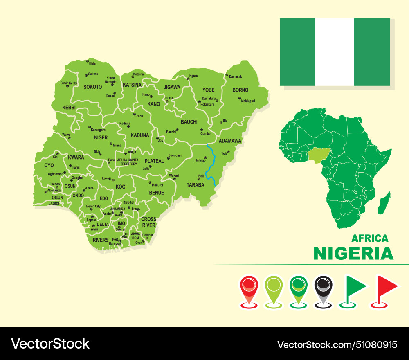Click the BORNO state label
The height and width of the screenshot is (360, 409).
(x=240, y=90)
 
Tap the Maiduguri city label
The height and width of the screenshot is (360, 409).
(x=248, y=101)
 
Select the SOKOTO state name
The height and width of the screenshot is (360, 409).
(x=92, y=87)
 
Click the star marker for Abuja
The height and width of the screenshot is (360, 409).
(x=126, y=154)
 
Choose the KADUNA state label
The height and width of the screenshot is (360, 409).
(x=140, y=135)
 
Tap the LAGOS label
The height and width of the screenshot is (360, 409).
(x=54, y=203)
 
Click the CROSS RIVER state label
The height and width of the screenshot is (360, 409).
(x=148, y=222)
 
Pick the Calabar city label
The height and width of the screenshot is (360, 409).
(x=147, y=235)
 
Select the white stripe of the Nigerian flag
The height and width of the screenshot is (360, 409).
(x=335, y=52)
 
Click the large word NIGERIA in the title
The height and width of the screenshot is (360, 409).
(x=353, y=254)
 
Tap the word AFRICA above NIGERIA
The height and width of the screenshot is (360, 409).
(x=370, y=238)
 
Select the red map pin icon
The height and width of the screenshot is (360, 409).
(x=249, y=288)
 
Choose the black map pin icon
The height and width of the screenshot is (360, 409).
(x=324, y=288)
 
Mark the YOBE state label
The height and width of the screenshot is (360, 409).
(x=208, y=90)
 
